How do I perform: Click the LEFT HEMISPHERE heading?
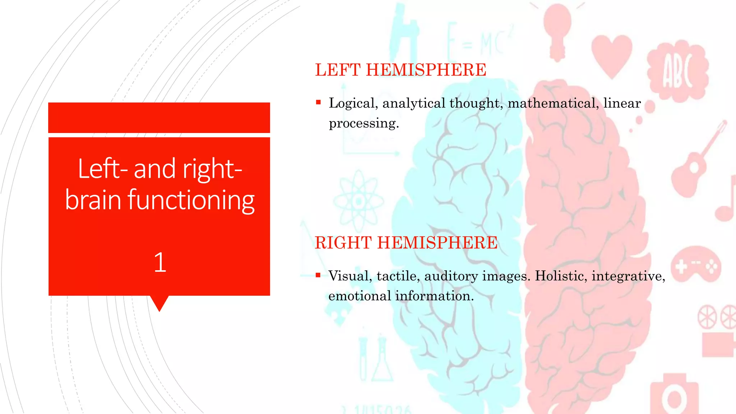[x=400, y=70]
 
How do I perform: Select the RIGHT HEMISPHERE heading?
[x=406, y=243]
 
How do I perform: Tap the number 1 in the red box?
[x=160, y=262]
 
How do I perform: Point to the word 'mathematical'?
[x=553, y=103]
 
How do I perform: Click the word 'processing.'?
[x=364, y=123]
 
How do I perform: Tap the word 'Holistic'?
[x=561, y=276]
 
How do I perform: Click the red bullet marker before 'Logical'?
[x=318, y=102]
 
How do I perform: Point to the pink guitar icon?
[x=697, y=162]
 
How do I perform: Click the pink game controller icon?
[x=695, y=266]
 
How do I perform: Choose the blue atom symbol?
[x=358, y=201]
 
